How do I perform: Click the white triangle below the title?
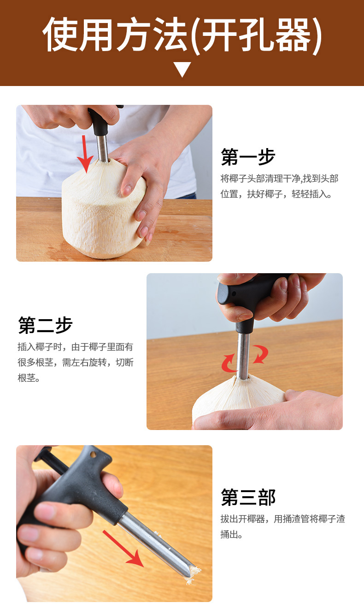tap(182, 69)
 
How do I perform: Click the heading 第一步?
tap(248, 157)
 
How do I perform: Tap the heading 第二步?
tap(45, 325)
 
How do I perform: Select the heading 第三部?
tap(248, 497)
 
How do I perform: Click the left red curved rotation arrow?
tap(229, 363)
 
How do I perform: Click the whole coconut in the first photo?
tap(104, 212)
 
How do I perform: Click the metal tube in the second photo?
tap(243, 354)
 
